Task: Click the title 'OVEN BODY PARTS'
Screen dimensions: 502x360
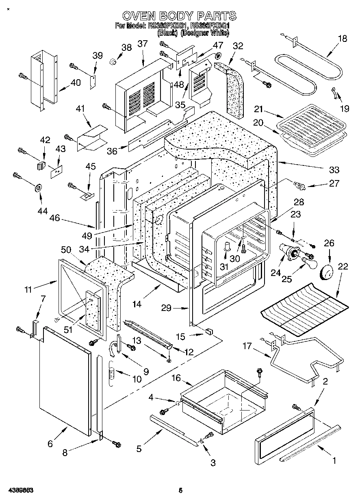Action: [179, 16]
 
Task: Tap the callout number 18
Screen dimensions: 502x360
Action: [343, 39]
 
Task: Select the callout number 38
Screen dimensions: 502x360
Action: [126, 47]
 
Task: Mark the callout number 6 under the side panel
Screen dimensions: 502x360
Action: [50, 444]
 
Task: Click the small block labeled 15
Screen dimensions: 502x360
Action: [209, 331]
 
